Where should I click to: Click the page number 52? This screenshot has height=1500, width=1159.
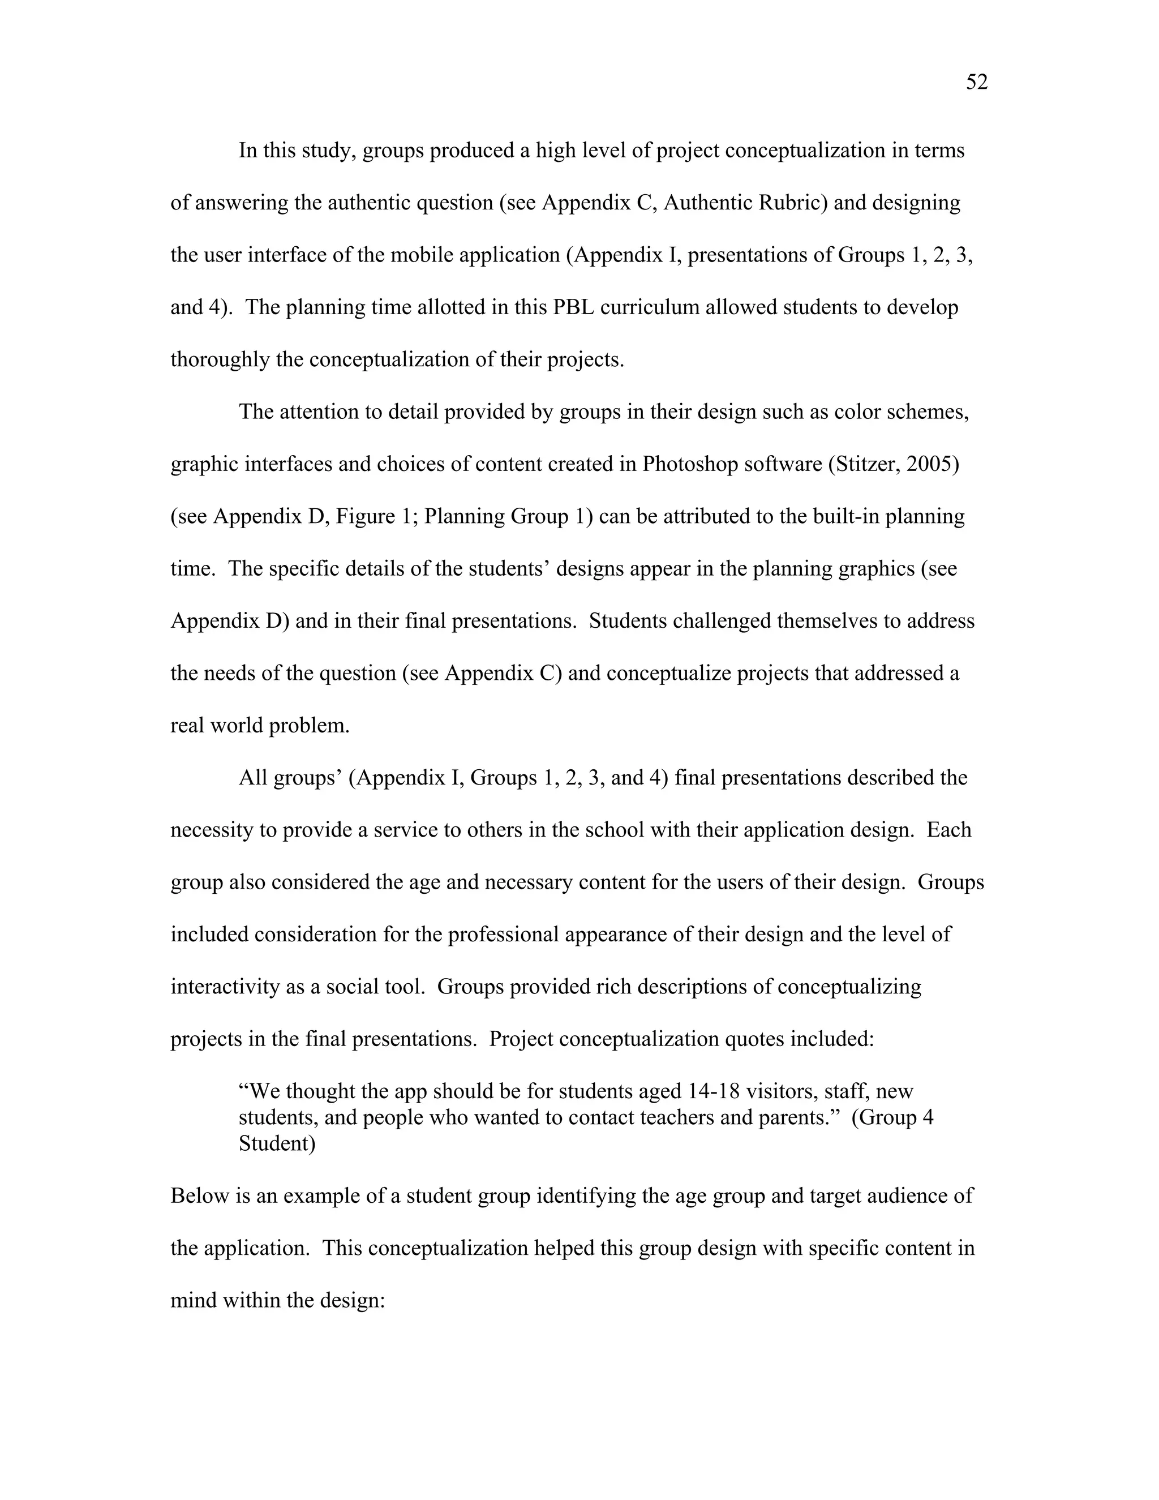[976, 83]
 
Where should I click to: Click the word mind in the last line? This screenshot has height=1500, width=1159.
[195, 1301]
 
